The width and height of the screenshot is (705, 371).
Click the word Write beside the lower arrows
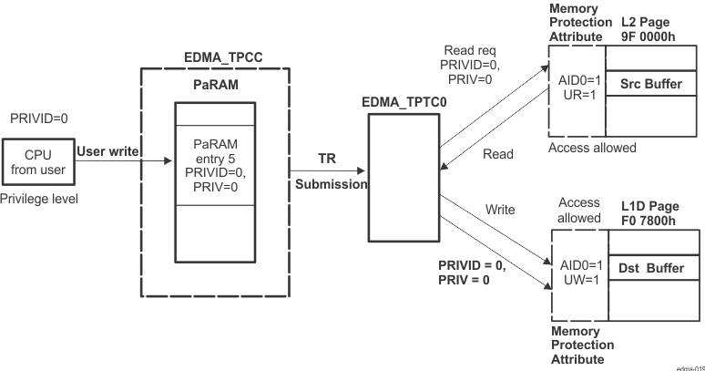point(499,210)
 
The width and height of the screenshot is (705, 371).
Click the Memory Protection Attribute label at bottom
point(582,345)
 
